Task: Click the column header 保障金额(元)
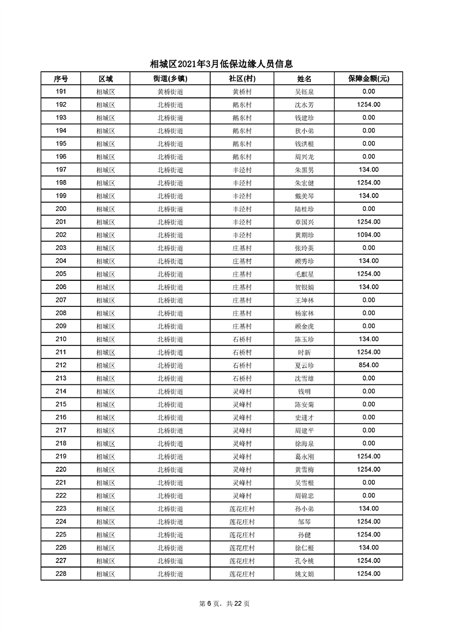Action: click(369, 79)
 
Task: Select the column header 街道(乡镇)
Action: click(170, 79)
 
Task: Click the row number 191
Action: click(61, 92)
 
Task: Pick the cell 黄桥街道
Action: click(170, 92)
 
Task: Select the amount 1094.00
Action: click(369, 235)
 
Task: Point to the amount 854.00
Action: click(369, 365)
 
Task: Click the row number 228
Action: click(61, 574)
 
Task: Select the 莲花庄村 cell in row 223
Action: click(242, 509)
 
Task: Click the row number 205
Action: click(61, 274)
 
